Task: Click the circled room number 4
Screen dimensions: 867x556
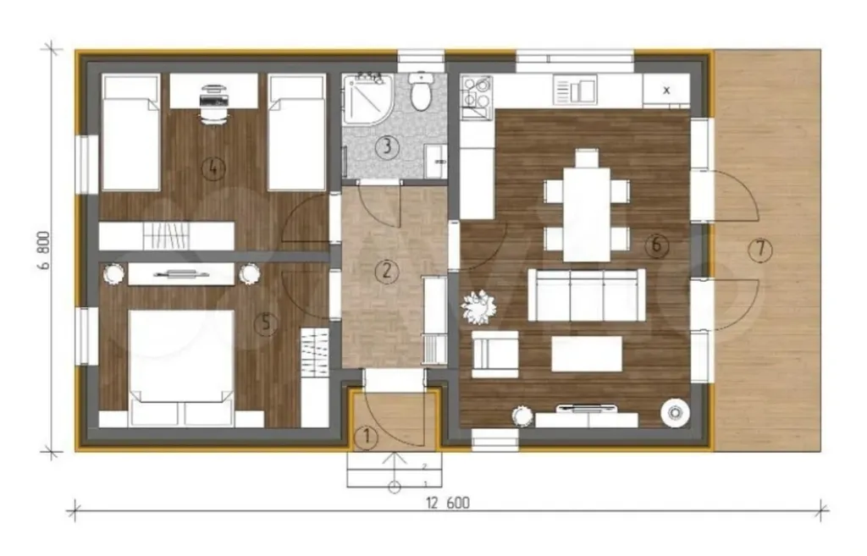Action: [213, 168]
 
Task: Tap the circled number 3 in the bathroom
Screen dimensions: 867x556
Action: [387, 147]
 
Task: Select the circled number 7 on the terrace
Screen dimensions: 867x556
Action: [759, 250]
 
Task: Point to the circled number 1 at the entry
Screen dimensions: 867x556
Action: [366, 438]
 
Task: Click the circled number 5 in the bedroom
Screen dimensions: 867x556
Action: [266, 322]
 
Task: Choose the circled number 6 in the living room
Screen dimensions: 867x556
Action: [656, 244]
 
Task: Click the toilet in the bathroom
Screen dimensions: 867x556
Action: [422, 91]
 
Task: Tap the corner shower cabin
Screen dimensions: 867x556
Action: [367, 100]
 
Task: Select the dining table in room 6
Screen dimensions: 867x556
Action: [587, 214]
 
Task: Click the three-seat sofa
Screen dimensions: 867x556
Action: [587, 295]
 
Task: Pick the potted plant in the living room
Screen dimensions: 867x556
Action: [479, 307]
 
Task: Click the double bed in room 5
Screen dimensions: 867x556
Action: [181, 367]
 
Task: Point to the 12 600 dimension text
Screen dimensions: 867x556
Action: [447, 503]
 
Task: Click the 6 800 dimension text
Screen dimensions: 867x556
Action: [44, 250]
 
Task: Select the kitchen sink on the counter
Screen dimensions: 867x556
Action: [575, 90]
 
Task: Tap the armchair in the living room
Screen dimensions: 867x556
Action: [494, 355]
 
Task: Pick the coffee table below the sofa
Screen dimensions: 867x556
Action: [587, 355]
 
